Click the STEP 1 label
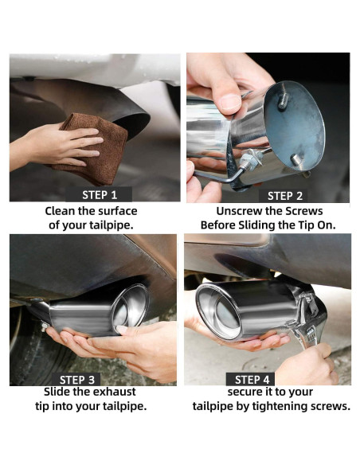coord(99,195)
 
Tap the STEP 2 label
coord(284,196)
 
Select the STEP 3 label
coord(76,380)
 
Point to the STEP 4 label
coord(252,380)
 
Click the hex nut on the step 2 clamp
coord(248,162)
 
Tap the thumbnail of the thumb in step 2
coord(230,102)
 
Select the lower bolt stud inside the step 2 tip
coord(296,160)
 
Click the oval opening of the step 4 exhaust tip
coord(219,311)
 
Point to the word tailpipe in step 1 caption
coord(111,225)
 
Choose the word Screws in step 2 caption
coord(304,211)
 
